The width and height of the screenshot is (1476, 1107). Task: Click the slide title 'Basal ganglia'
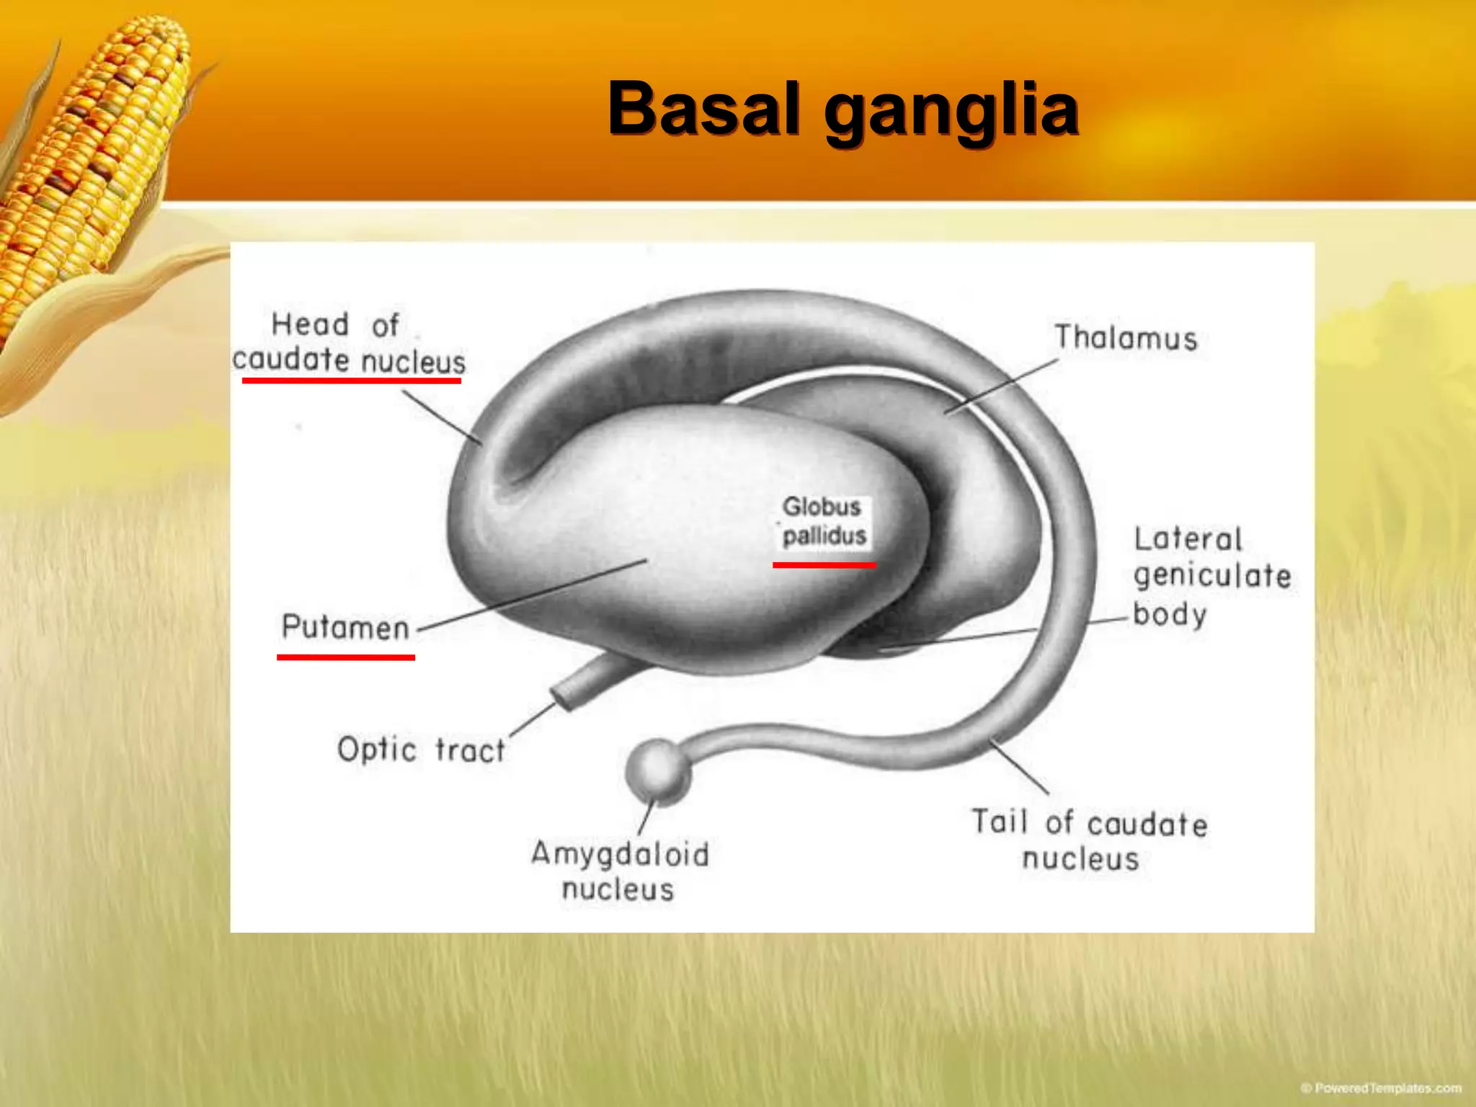point(843,110)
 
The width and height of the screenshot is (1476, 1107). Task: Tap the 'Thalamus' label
point(1125,338)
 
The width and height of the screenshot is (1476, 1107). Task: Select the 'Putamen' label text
point(345,627)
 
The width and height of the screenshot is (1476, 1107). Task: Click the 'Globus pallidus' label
point(824,521)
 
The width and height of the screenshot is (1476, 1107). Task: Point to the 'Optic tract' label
point(421,750)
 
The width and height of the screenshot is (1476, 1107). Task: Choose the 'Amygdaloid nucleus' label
point(620,871)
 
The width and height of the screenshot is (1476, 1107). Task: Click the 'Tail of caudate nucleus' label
point(1088,840)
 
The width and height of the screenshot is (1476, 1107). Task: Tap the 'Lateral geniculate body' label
point(1211,577)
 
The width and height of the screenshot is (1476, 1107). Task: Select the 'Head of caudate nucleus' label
point(349,343)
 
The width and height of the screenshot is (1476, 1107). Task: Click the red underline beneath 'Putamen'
point(345,657)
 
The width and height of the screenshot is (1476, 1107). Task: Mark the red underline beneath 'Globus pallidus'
point(824,565)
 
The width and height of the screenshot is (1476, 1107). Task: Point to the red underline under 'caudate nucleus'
point(351,380)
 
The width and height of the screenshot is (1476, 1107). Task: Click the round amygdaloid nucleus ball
point(657,770)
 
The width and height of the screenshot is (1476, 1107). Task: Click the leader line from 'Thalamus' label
point(1002,386)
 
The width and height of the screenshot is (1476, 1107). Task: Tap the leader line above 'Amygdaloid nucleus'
point(646,818)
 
